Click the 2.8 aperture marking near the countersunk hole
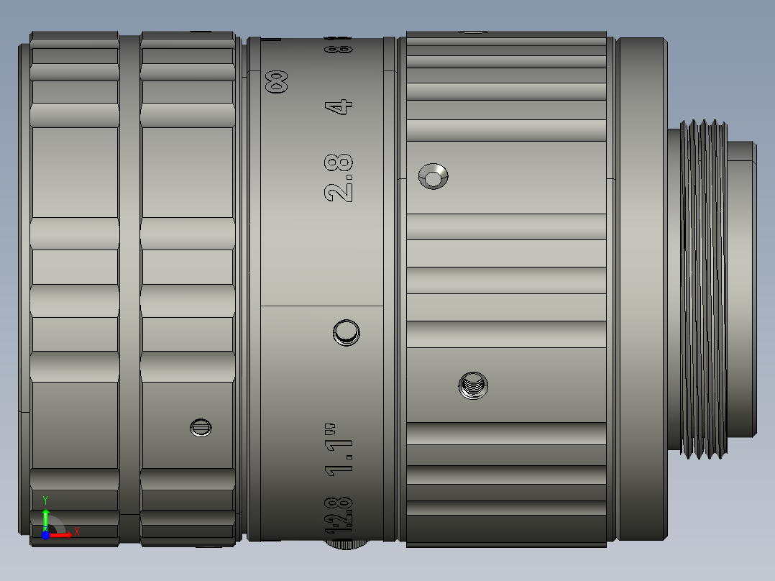point(339,178)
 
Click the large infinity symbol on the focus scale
point(277,81)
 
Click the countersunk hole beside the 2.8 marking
point(434,176)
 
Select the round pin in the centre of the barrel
point(346,332)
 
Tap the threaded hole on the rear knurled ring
point(473,387)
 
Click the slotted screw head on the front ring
point(201,428)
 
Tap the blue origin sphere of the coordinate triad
point(45,535)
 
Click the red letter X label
point(77,532)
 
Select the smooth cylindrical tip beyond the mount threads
point(742,288)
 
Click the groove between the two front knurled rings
point(129,288)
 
